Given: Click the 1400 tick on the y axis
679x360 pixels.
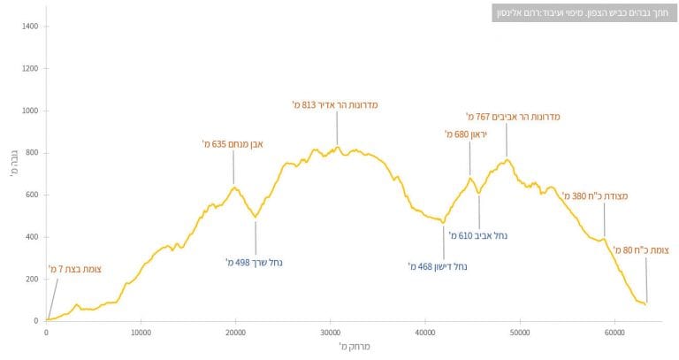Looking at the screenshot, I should pos(29,27).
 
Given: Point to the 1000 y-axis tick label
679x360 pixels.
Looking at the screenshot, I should pos(29,111).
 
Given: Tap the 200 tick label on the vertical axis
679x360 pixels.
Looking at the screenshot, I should pos(32,279).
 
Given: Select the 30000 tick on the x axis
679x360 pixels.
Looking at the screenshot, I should pos(330,333).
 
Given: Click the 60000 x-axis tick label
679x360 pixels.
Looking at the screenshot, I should pos(614,333).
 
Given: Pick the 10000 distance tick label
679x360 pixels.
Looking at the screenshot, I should pos(141,333).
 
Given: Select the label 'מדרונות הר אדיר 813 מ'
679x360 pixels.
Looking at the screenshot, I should pos(335,104).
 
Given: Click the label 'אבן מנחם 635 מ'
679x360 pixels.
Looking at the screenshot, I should pos(233,143).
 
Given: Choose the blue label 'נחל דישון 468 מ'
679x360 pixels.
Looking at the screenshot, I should pos(438,265).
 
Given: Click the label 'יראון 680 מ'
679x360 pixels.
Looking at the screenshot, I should pos(466,134).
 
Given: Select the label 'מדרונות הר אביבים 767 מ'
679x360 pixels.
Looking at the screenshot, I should pos(513,116).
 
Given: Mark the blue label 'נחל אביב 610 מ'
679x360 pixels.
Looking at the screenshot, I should pos(478,236).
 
